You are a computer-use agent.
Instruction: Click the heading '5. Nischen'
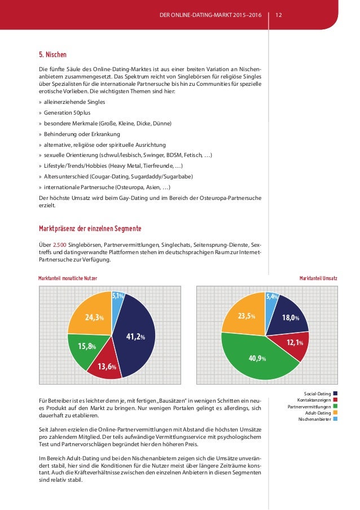(52, 55)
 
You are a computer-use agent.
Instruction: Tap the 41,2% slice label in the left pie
(135, 337)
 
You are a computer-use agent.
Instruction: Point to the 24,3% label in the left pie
(94, 317)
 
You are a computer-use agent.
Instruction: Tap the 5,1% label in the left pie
(118, 295)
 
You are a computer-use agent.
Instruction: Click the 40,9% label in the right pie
(258, 358)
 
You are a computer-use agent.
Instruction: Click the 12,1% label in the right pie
(295, 342)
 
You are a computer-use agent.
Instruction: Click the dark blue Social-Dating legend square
(335, 394)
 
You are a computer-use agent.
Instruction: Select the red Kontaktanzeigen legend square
(335, 400)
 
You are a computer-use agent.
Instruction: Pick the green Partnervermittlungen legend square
(335, 406)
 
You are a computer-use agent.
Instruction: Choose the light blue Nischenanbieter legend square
(335, 419)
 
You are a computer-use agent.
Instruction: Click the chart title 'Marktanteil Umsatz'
(318, 279)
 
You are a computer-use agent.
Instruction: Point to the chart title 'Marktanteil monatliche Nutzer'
(68, 279)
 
